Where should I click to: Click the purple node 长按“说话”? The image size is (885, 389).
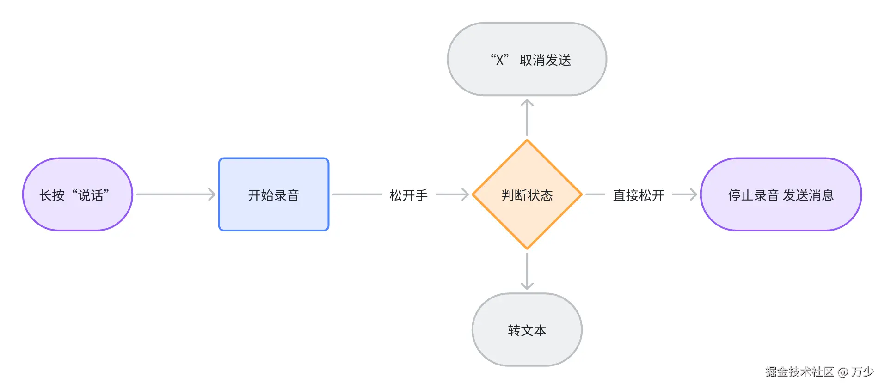[x=77, y=194]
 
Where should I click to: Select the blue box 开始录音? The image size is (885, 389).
[x=273, y=194]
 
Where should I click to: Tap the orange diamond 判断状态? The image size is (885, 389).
[x=527, y=194]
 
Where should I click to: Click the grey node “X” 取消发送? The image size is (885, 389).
[x=527, y=59]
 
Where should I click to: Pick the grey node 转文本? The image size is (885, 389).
[x=527, y=330]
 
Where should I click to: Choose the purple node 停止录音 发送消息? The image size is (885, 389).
[x=781, y=194]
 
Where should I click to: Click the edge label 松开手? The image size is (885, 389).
[x=408, y=195]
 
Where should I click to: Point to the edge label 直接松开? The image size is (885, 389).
[x=638, y=195]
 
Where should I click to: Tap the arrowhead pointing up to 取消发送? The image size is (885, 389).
[x=527, y=103]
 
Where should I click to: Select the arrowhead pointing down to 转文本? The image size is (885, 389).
[x=527, y=286]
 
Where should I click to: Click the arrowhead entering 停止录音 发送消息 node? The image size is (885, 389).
[x=694, y=194]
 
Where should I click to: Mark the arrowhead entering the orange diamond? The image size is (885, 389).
[x=466, y=194]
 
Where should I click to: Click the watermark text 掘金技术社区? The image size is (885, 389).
[x=799, y=371]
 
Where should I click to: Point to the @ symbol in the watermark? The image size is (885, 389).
[x=842, y=372]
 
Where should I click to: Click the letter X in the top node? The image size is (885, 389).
[x=499, y=60]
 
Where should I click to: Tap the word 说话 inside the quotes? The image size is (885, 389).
[x=91, y=195]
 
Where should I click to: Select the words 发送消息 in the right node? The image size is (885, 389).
[x=808, y=195]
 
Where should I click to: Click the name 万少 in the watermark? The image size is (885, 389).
[x=862, y=371]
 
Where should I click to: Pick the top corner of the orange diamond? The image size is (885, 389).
[x=527, y=141]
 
